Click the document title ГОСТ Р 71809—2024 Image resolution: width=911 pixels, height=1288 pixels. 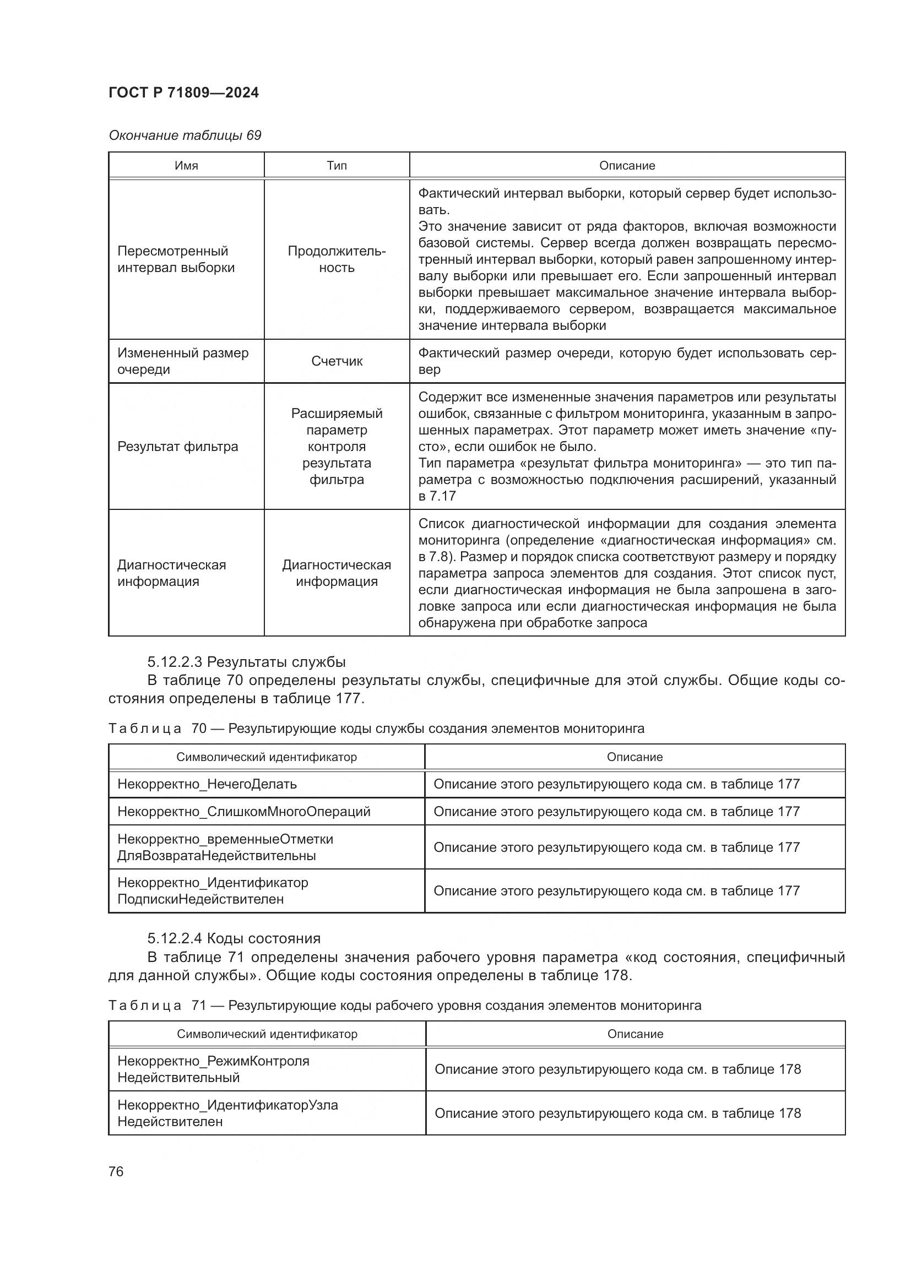tap(183, 93)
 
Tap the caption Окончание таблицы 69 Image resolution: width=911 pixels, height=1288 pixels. tap(185, 135)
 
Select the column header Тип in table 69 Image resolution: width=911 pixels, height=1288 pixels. tap(337, 166)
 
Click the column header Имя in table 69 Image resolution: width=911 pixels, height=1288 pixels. tap(186, 166)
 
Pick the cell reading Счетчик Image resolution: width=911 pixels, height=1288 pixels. tap(337, 361)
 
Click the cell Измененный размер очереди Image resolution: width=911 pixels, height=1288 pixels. tap(182, 361)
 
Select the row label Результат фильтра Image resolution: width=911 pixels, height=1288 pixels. tap(177, 447)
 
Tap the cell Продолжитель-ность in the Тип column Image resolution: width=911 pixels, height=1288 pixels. tap(337, 259)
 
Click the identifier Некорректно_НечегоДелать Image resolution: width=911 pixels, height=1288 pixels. tap(207, 784)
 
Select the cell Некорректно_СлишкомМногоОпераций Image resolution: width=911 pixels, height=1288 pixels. tap(243, 812)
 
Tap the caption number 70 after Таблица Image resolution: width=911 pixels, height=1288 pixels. tap(199, 729)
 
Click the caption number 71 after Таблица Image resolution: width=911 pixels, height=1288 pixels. tap(199, 1006)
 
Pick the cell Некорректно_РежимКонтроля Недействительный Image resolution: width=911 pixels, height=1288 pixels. tap(213, 1069)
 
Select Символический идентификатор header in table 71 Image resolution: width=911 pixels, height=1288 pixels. tap(267, 1034)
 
